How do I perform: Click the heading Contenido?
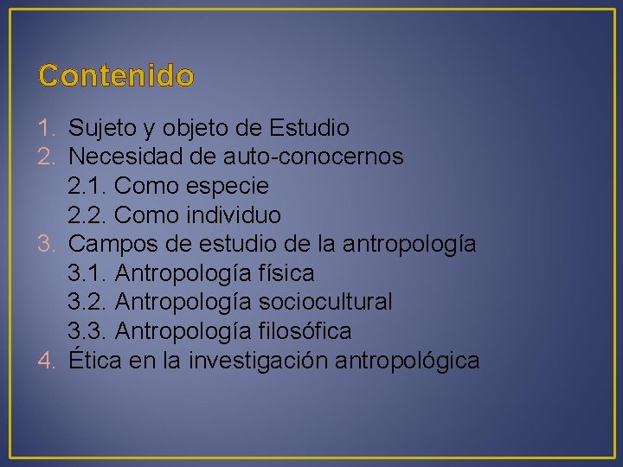click(116, 76)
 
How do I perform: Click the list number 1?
click(48, 129)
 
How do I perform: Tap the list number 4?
click(48, 361)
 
